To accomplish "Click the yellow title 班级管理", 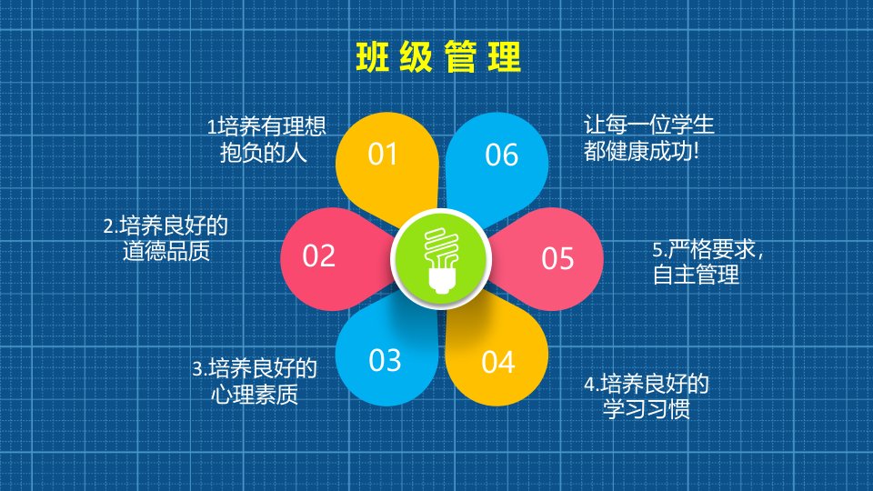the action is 438,56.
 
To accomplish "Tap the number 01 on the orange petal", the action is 383,155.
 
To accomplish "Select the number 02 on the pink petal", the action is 318,256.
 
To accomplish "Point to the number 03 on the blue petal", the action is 385,360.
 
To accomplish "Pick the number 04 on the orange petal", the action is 497,363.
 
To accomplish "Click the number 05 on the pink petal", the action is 557,259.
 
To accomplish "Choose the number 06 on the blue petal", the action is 502,155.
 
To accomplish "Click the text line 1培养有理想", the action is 266,126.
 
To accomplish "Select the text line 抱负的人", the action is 264,153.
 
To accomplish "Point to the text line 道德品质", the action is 166,252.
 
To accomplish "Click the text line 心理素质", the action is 255,394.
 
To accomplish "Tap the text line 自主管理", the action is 696,275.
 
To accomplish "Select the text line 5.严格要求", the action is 707,249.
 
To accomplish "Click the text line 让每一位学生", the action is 648,125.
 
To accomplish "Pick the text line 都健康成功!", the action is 641,151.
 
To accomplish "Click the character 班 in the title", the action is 373,56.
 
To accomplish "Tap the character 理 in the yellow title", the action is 505,56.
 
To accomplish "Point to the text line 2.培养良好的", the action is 166,226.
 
